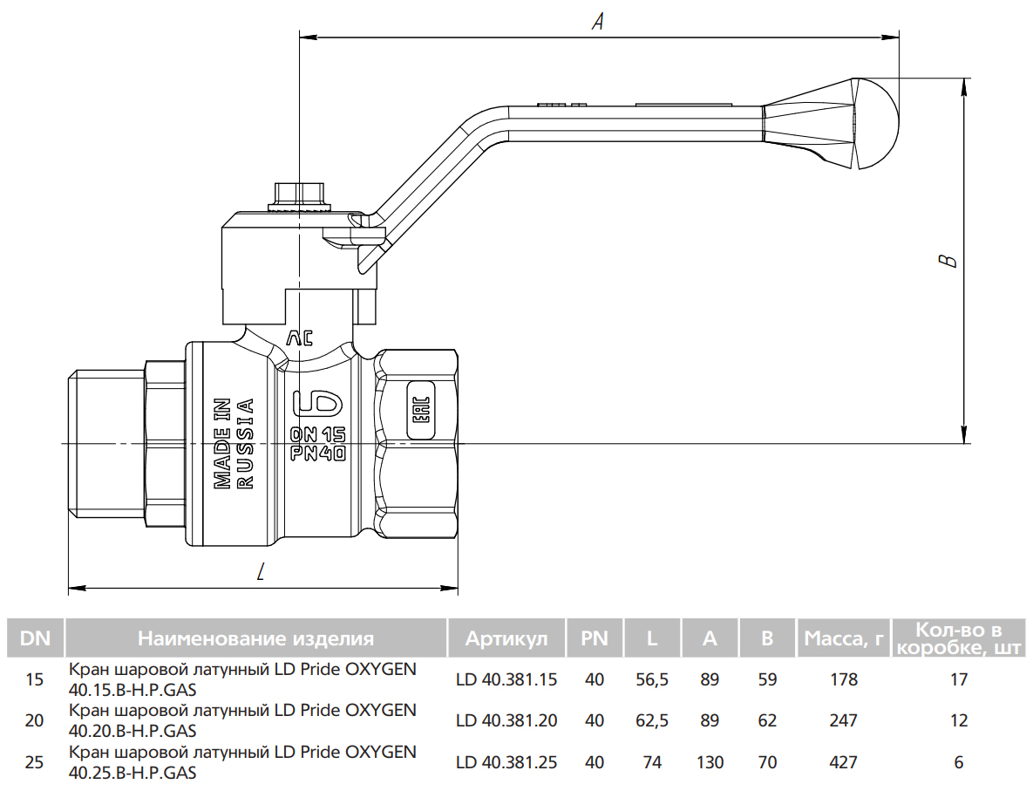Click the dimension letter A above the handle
(598, 22)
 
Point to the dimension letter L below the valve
(262, 572)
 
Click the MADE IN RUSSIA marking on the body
(234, 443)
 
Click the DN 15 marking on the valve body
(318, 434)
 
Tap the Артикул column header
(506, 638)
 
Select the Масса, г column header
(844, 638)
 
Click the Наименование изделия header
(255, 638)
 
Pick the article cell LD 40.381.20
(506, 720)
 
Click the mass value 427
(844, 762)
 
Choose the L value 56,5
(652, 679)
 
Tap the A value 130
(710, 762)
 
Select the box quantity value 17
(959, 679)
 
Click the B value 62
(767, 720)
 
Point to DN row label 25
(35, 762)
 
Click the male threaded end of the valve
(105, 444)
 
